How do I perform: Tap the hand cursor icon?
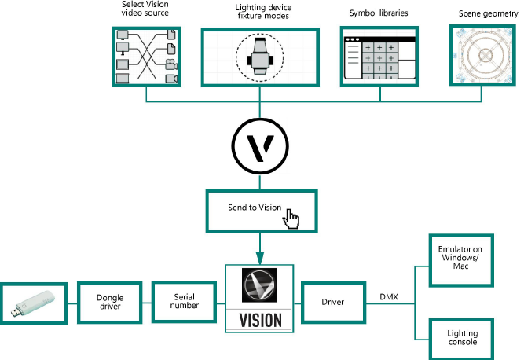[292, 219]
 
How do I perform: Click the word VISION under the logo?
[259, 321]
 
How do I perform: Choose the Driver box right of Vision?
[334, 302]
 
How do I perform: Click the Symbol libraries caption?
[378, 13]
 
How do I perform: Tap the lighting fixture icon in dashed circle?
[259, 57]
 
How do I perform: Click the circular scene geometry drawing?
[484, 56]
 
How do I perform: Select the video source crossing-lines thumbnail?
[147, 57]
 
